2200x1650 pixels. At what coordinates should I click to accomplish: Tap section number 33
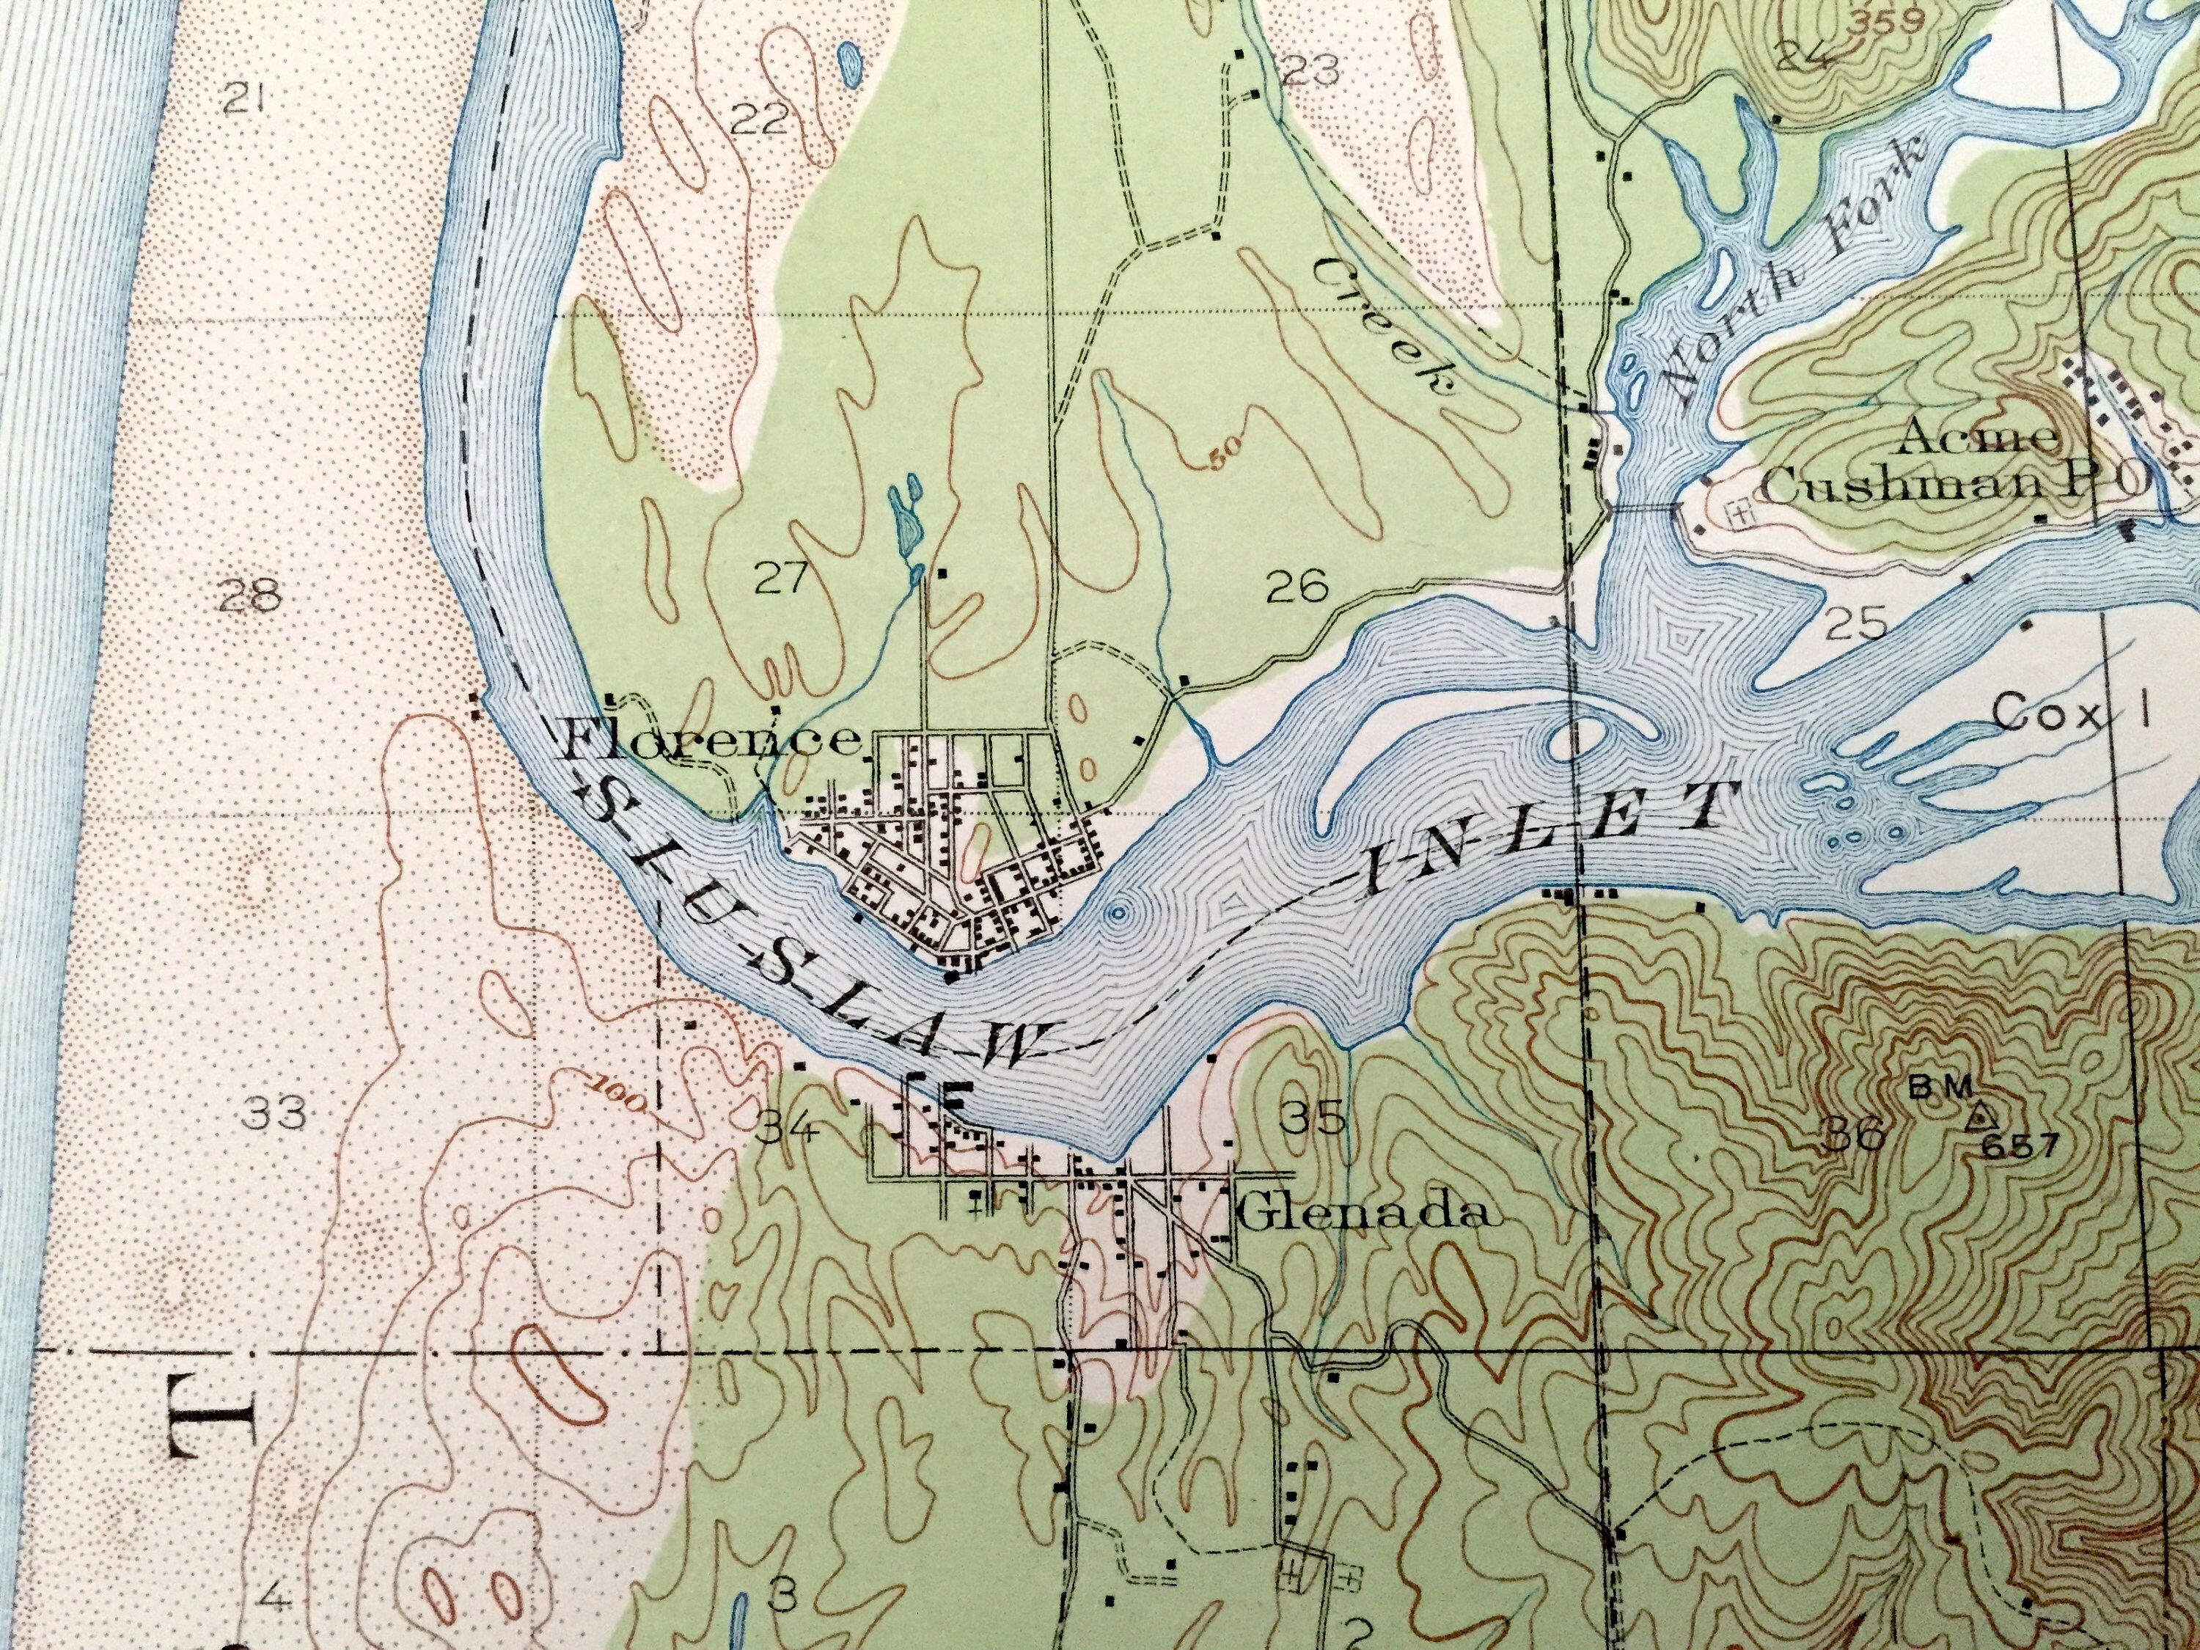276,1114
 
